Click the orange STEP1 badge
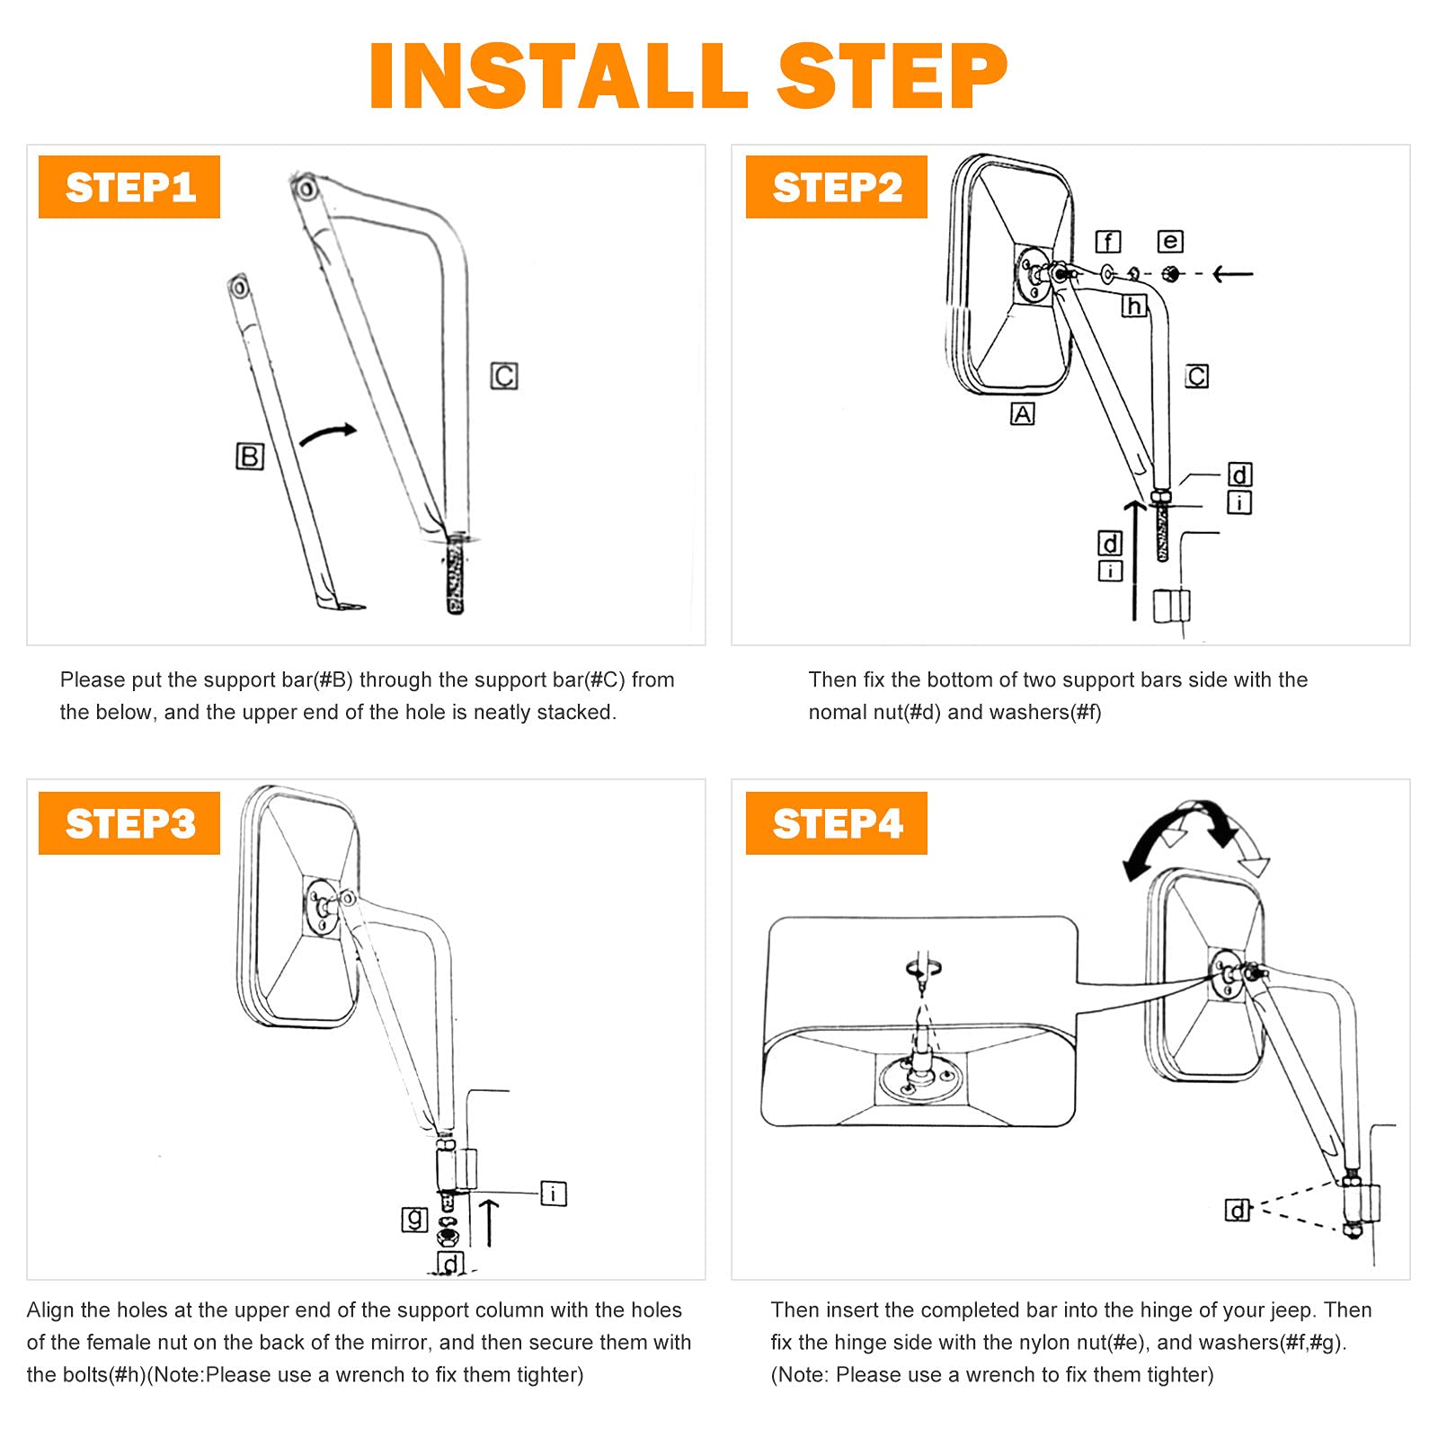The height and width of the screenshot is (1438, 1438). click(x=129, y=187)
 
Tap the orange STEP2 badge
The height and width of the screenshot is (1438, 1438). click(x=836, y=187)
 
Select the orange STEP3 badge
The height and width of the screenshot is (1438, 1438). click(x=129, y=823)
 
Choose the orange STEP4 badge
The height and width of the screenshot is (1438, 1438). click(x=836, y=823)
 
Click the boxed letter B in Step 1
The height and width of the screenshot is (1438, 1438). click(x=249, y=457)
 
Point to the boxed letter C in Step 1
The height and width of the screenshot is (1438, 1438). click(x=504, y=376)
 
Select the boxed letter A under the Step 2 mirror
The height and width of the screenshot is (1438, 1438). click(x=1022, y=413)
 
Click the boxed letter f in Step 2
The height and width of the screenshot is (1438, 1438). click(x=1107, y=242)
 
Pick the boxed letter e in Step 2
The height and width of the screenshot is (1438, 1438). click(x=1169, y=241)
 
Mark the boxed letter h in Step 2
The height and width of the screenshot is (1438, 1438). click(x=1133, y=306)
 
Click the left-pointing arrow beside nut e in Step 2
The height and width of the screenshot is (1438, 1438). click(x=1232, y=273)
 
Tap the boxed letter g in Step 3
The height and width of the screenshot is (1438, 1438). click(x=413, y=1220)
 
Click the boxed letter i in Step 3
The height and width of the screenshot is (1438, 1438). click(x=554, y=1194)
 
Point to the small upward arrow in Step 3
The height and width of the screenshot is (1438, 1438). click(x=488, y=1222)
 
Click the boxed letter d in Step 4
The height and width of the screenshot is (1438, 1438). click(x=1238, y=1211)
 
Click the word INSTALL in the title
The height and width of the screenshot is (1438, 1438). click(x=558, y=76)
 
